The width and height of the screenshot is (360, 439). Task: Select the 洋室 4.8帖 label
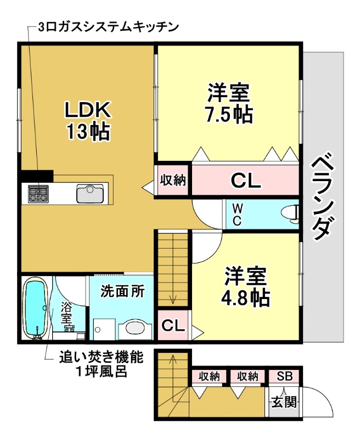click(245, 286)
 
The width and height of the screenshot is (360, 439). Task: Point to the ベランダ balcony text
click(322, 198)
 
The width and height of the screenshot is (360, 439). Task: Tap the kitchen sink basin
click(89, 194)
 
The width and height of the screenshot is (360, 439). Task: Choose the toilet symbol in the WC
click(289, 212)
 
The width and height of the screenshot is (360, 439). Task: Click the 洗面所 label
click(122, 291)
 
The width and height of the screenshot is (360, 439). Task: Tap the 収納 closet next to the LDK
click(172, 179)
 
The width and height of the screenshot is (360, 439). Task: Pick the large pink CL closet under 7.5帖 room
click(245, 179)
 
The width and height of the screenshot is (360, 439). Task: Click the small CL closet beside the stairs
click(173, 325)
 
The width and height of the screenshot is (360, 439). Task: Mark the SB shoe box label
click(284, 376)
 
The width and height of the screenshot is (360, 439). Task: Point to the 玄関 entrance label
click(284, 402)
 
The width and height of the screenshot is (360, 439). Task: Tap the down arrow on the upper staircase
click(173, 299)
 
